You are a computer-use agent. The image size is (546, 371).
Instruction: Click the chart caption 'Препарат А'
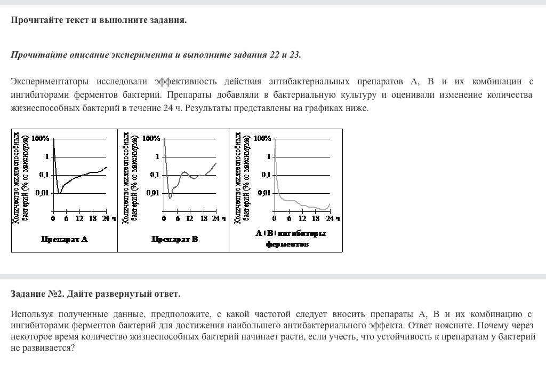pyautogui.click(x=64, y=239)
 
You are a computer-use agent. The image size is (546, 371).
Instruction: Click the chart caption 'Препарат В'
pyautogui.click(x=175, y=239)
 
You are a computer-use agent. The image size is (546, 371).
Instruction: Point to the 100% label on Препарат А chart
pyautogui.click(x=41, y=138)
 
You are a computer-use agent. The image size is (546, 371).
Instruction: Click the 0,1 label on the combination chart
pyautogui.click(x=265, y=175)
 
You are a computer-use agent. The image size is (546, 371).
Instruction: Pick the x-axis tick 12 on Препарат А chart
pyautogui.click(x=79, y=218)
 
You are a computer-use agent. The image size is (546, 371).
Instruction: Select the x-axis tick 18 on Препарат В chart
pyautogui.click(x=203, y=218)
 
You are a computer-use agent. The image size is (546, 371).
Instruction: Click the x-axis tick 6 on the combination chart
pyautogui.click(x=289, y=218)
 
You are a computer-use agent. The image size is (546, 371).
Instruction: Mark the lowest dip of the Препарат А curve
pyautogui.click(x=60, y=192)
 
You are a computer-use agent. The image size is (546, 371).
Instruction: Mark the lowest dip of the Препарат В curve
pyautogui.click(x=170, y=198)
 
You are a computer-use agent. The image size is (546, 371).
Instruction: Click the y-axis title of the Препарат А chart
pyautogui.click(x=20, y=176)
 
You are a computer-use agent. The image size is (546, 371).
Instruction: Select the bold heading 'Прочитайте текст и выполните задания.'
pyautogui.click(x=99, y=20)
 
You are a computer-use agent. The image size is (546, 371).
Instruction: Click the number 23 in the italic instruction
pyautogui.click(x=295, y=55)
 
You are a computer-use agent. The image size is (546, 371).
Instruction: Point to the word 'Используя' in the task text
pyautogui.click(x=30, y=314)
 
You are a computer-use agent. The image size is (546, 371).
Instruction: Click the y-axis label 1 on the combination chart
pyautogui.click(x=269, y=156)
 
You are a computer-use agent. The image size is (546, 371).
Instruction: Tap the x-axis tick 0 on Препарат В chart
pyautogui.click(x=164, y=218)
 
